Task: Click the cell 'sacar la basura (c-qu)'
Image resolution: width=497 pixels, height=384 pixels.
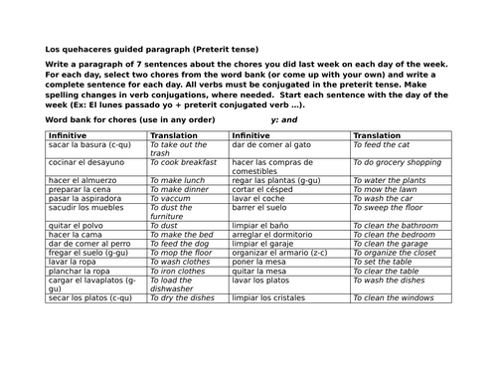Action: pyautogui.click(x=85, y=144)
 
